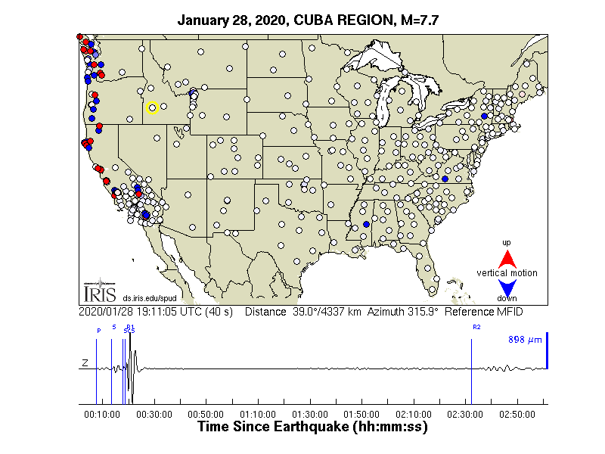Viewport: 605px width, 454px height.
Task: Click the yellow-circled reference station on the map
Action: point(151,107)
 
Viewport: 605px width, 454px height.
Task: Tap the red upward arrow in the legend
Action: point(507,257)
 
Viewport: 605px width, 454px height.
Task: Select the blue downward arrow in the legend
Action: point(507,288)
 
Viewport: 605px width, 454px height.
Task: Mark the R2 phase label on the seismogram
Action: point(476,328)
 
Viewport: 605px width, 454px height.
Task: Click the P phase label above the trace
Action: point(98,330)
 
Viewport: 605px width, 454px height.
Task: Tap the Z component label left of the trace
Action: point(85,365)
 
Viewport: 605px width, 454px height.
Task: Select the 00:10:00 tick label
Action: point(102,414)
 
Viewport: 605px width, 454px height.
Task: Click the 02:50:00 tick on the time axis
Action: point(517,414)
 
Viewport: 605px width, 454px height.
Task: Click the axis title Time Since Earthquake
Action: point(313,427)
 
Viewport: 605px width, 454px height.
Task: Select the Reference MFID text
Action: point(484,312)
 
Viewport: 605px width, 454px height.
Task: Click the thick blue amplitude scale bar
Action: point(546,351)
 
